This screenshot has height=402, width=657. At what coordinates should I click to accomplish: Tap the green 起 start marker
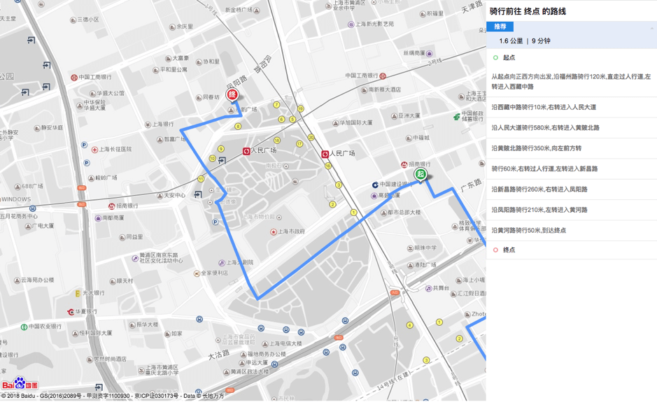420,174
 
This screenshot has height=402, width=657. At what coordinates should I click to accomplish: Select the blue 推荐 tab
500,27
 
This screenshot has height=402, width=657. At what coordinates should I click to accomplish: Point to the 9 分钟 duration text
541,41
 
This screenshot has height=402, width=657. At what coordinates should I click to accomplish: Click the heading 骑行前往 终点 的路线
528,11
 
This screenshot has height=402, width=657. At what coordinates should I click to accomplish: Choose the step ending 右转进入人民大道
544,108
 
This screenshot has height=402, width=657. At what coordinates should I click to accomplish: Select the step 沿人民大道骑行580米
545,128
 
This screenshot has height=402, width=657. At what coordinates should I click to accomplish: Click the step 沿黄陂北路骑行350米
536,148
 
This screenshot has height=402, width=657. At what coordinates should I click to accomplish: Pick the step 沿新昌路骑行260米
539,189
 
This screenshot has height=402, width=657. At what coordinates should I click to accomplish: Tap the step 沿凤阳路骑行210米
539,210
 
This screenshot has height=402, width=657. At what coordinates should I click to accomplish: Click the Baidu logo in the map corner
20,384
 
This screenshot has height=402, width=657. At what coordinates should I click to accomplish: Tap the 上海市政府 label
291,231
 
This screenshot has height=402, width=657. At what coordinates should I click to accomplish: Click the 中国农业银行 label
45,326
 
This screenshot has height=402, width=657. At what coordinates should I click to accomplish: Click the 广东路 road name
472,185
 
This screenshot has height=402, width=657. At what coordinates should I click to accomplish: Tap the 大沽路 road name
218,356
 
